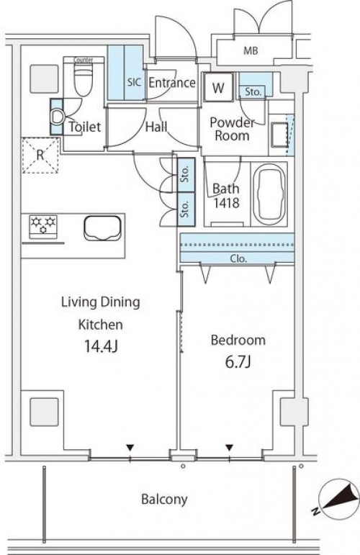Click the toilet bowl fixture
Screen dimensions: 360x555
point(84,80)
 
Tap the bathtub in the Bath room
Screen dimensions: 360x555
point(269,194)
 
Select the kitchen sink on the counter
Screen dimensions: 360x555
point(103,228)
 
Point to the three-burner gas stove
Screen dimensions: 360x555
point(43,227)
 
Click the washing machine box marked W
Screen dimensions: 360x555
point(218,87)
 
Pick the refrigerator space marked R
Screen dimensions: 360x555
point(40,155)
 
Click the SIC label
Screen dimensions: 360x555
point(134,83)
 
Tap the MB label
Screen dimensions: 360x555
point(251,50)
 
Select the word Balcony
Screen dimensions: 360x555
point(164,500)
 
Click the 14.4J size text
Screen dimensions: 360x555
point(101,346)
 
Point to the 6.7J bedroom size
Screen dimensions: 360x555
point(238,362)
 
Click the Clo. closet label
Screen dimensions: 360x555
point(238,258)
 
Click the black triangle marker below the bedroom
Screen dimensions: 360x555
point(230,448)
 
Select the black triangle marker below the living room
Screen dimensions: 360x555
point(130,448)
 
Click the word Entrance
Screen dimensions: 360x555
point(172,83)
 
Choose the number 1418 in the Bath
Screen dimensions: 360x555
point(226,203)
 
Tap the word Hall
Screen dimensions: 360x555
point(156,127)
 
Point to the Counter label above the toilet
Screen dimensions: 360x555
point(84,60)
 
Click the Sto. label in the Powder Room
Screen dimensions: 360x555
point(253,91)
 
